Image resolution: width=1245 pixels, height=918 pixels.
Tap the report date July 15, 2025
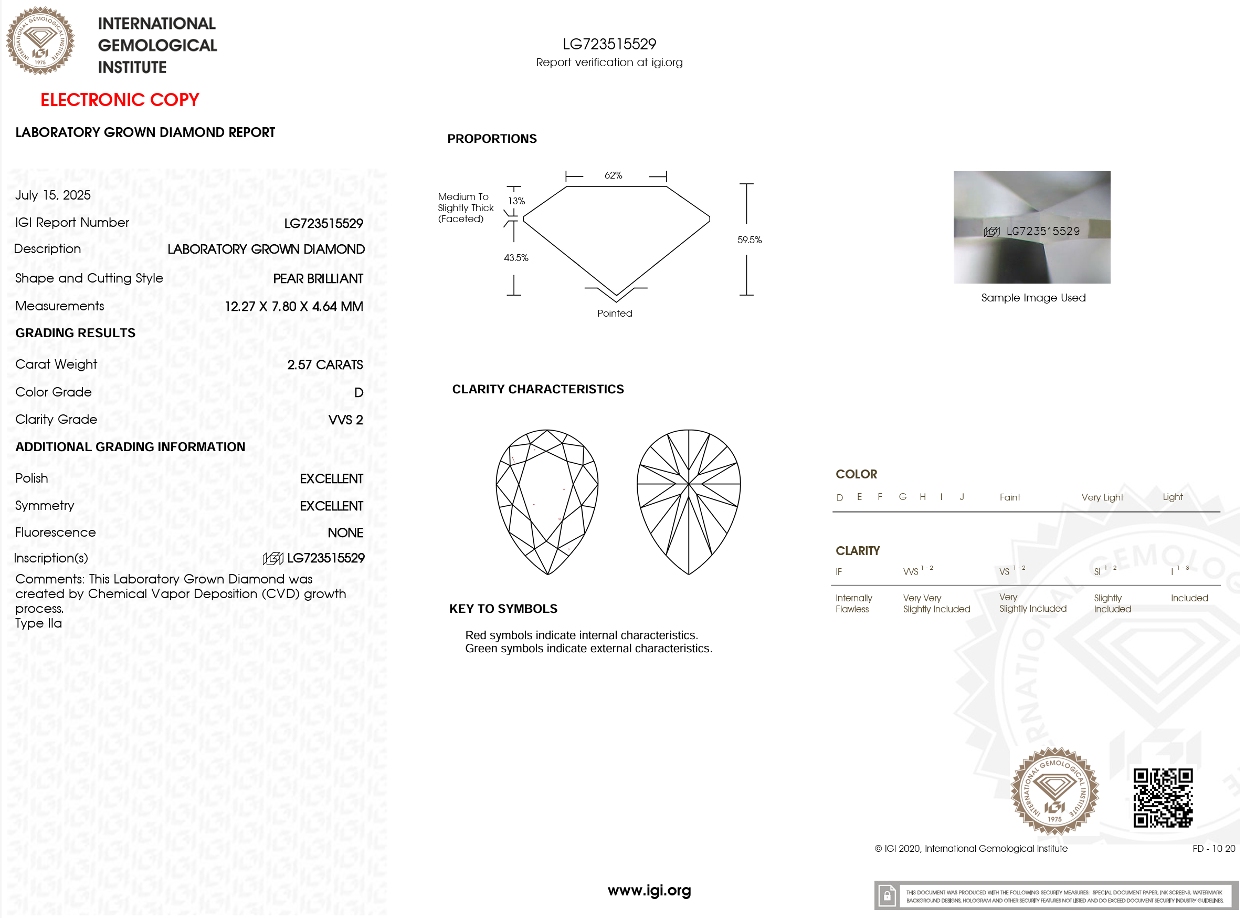(x=53, y=195)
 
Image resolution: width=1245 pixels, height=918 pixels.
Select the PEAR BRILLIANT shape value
(x=318, y=278)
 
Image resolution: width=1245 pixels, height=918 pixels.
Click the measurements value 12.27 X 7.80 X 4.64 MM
(x=293, y=306)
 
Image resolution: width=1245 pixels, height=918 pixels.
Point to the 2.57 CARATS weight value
(x=325, y=364)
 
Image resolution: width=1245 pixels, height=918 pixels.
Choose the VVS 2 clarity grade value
(x=345, y=420)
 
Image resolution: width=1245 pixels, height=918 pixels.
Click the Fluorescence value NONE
(x=345, y=533)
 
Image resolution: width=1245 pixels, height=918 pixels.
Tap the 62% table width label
(x=613, y=175)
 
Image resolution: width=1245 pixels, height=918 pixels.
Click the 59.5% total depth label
(x=749, y=240)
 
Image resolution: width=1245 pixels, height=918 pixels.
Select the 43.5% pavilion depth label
(x=516, y=258)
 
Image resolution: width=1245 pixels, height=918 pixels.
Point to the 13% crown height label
(x=516, y=201)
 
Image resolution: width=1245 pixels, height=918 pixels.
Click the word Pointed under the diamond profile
(x=615, y=314)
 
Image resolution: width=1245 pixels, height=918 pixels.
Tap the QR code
(x=1162, y=797)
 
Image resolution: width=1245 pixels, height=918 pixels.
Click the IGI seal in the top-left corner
(x=40, y=40)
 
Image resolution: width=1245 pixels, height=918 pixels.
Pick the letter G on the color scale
(x=902, y=497)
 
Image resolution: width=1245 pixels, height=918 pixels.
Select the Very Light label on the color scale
(x=1102, y=497)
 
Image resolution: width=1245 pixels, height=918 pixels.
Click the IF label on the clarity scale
(x=839, y=572)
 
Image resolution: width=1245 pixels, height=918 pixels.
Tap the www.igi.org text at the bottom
(x=649, y=891)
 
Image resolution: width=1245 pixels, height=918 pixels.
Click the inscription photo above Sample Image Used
(x=1031, y=227)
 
